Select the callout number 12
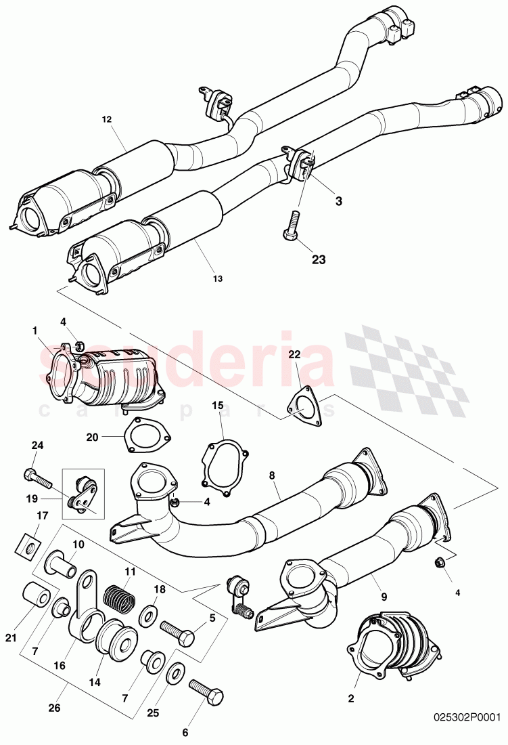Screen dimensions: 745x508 pyautogui.click(x=107, y=119)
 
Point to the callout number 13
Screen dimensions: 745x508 pyautogui.click(x=218, y=278)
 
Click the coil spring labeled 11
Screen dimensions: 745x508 pyautogui.click(x=121, y=595)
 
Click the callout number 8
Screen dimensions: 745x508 pyautogui.click(x=271, y=476)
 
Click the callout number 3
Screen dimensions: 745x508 pyautogui.click(x=339, y=201)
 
